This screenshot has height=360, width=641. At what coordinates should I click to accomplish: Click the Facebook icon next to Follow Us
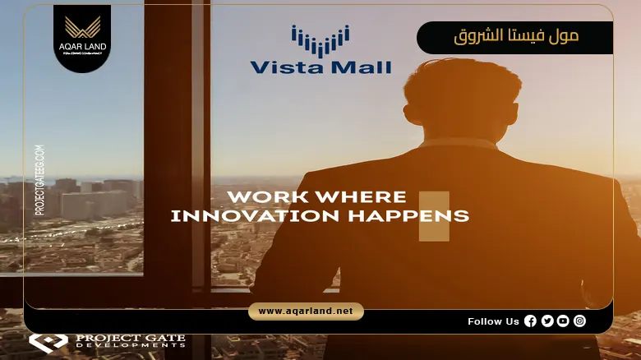tap(530, 321)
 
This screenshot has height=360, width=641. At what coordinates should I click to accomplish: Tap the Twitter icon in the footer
tap(547, 321)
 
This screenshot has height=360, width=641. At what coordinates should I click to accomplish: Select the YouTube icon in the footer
tap(563, 321)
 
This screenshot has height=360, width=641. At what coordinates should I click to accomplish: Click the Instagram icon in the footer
tap(580, 321)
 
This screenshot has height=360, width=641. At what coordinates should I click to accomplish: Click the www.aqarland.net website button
tap(306, 312)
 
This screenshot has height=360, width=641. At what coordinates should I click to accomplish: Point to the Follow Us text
tap(493, 321)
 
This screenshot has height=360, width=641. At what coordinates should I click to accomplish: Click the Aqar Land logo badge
tap(82, 37)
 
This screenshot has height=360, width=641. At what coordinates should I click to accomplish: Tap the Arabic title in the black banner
tap(516, 37)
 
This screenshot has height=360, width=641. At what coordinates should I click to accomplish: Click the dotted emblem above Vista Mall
tap(320, 39)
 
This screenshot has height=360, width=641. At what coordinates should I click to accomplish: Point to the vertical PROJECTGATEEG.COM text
tap(39, 181)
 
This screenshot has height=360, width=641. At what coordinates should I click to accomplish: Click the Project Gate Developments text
tap(130, 340)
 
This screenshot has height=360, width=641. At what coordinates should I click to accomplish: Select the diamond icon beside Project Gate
tap(48, 341)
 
